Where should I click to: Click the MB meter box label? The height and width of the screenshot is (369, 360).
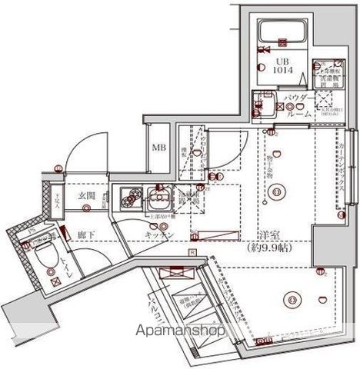158,148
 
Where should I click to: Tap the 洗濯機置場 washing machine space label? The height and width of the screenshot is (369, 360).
189,201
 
